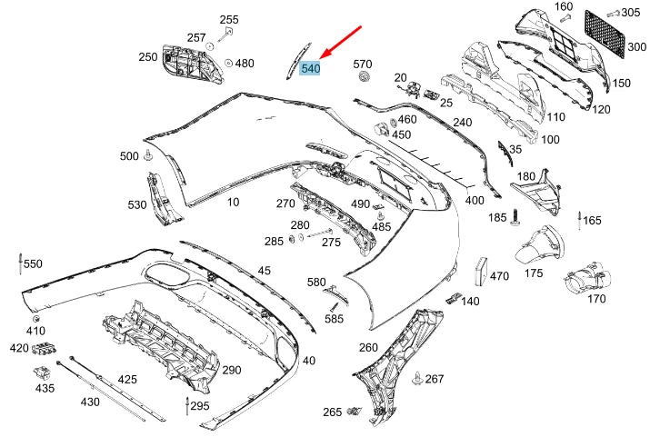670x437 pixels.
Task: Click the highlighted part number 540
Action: point(310,68)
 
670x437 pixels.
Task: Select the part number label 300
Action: point(636,47)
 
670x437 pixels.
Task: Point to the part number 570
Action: point(363,64)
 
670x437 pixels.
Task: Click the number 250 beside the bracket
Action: point(147,56)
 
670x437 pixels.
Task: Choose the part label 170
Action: point(596,298)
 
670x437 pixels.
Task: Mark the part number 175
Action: point(534,273)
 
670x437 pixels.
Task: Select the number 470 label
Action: point(500,276)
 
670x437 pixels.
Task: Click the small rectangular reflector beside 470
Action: point(479,269)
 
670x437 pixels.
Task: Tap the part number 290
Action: point(232,370)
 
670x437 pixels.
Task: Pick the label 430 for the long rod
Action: point(90,401)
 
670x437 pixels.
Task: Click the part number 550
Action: point(33,263)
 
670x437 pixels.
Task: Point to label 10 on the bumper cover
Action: point(234,202)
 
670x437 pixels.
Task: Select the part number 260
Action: point(367,347)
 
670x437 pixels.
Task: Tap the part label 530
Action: point(136,204)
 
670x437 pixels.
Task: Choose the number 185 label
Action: point(496,217)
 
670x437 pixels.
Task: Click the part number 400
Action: point(475,199)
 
